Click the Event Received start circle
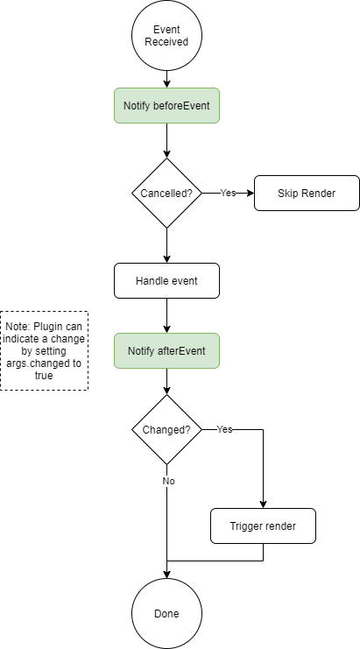click(x=166, y=36)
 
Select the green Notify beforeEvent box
click(x=166, y=106)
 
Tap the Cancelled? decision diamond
click(x=166, y=193)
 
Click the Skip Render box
click(x=307, y=193)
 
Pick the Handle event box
click(x=166, y=281)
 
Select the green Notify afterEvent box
click(x=166, y=351)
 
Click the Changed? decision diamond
click(x=166, y=430)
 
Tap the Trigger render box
click(x=263, y=526)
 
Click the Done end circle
click(x=166, y=613)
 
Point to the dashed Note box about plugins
click(x=45, y=350)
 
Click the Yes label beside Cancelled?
click(x=228, y=193)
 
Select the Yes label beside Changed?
click(x=224, y=430)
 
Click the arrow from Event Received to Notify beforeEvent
click(x=166, y=79)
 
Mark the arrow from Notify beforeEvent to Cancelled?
click(x=166, y=140)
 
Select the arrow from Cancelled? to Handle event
click(x=166, y=245)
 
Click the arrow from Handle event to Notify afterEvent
click(x=166, y=315)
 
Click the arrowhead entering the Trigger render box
click(x=263, y=504)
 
